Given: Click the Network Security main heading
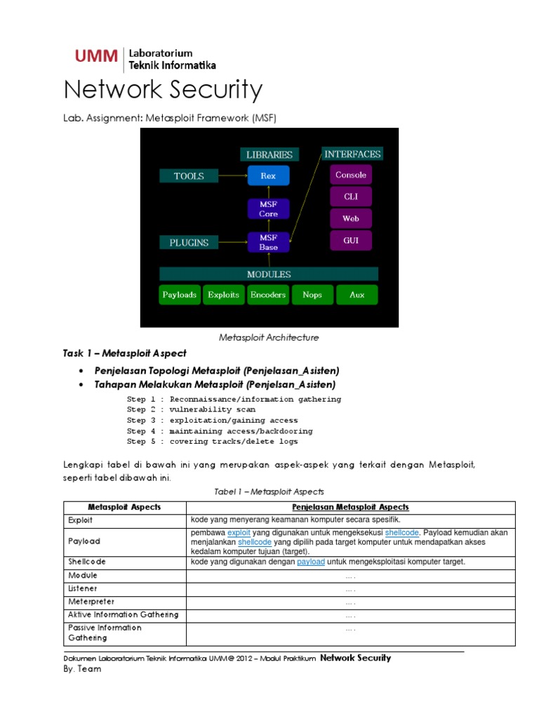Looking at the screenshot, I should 163,91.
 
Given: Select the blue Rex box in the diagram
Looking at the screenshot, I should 268,176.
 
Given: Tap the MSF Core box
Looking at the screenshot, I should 268,209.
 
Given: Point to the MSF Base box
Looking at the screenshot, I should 268,242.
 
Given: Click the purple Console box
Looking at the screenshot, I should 350,175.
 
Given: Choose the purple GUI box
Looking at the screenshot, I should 350,240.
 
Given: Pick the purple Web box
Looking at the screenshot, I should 350,218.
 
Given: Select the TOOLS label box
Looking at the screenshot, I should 189,176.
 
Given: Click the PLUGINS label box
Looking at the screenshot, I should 189,242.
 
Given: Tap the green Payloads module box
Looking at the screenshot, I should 180,295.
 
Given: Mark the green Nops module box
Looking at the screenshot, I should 312,295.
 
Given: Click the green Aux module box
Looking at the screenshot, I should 357,295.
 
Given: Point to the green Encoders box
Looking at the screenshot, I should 268,295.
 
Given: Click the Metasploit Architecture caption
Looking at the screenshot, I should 269,338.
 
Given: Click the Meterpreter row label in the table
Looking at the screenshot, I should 91,602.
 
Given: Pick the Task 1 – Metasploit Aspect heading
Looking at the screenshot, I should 125,353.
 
